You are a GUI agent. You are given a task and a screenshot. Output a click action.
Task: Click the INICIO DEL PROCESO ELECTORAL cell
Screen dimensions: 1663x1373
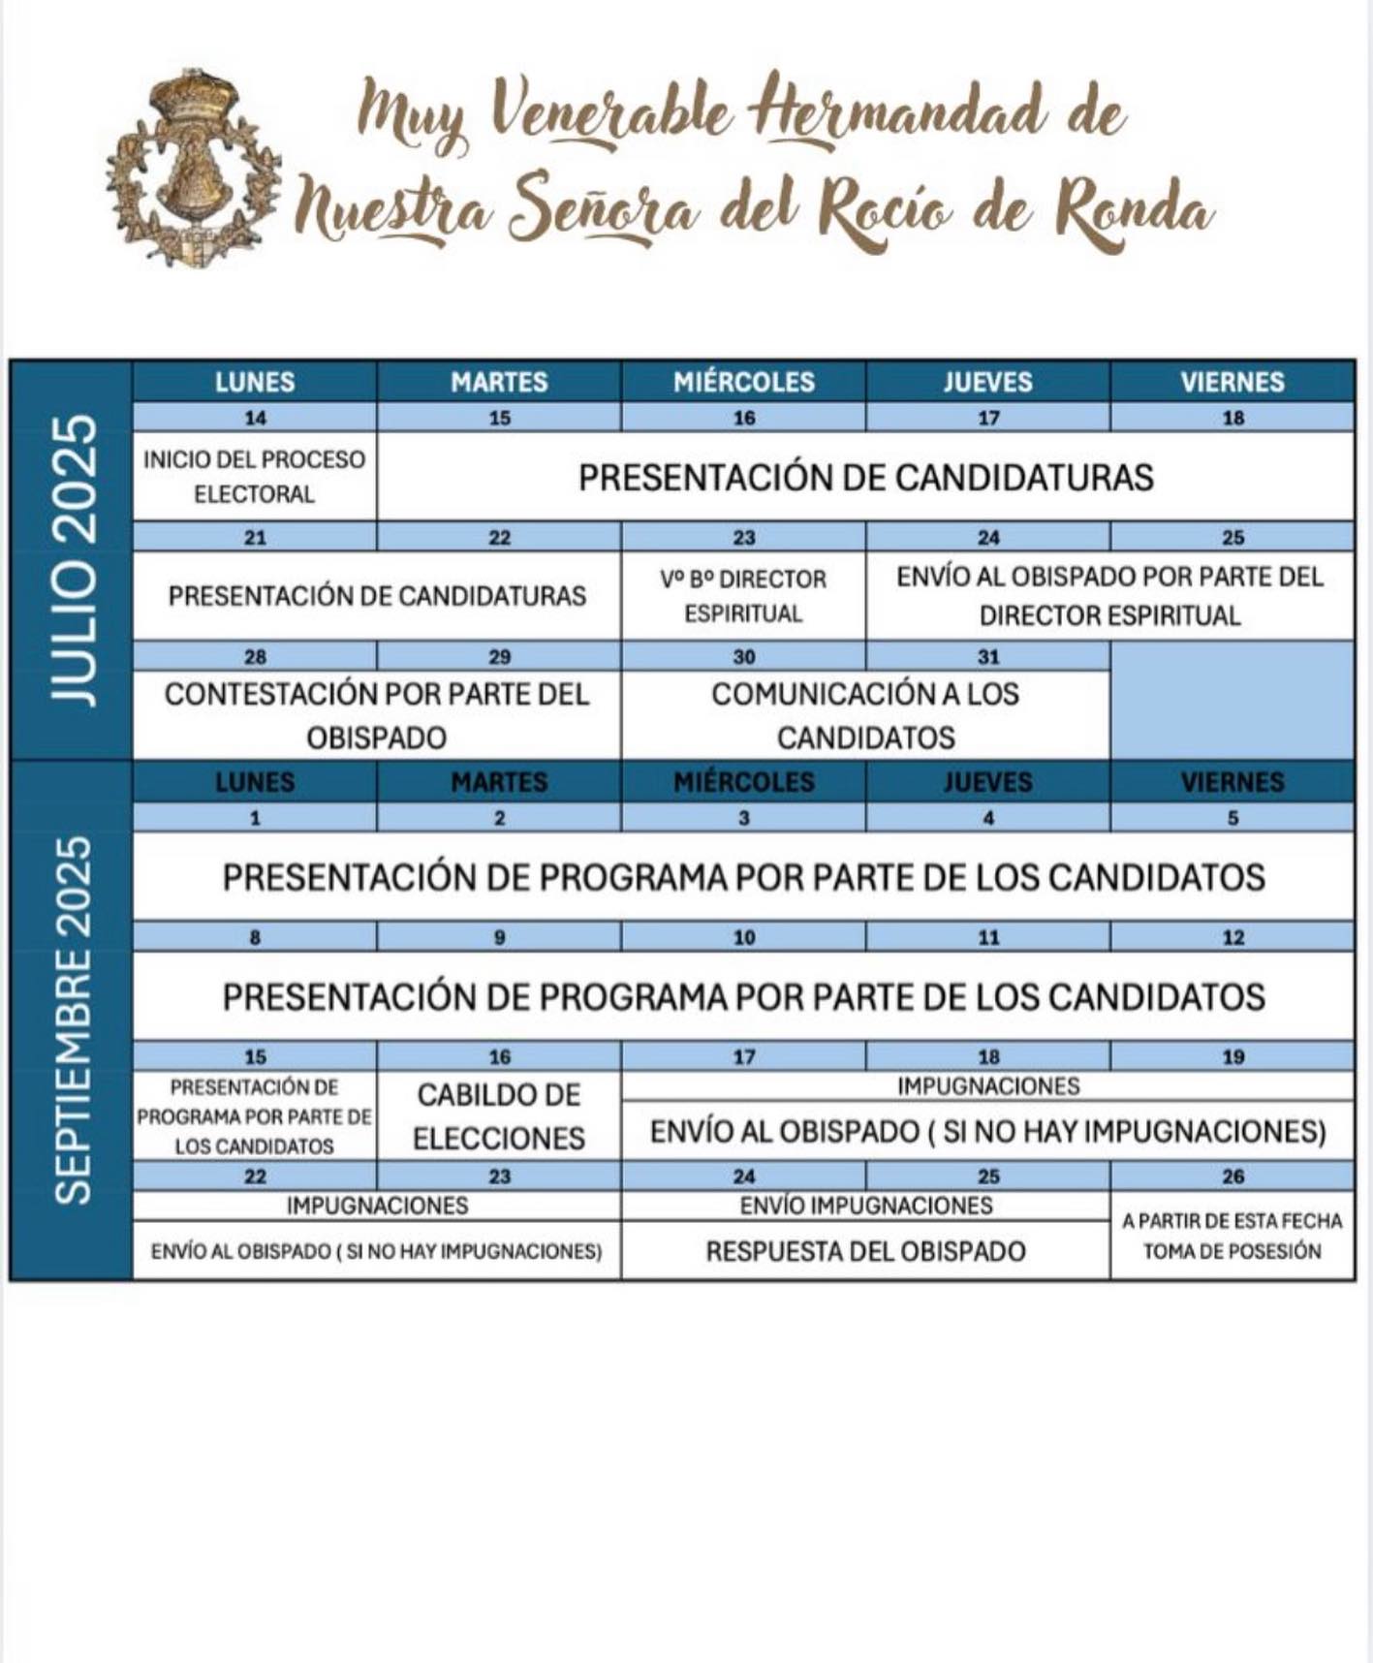click(255, 476)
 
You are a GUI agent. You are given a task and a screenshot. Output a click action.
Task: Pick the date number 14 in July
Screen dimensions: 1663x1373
click(255, 419)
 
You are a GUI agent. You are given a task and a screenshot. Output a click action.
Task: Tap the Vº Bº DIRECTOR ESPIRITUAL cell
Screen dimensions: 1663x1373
click(743, 596)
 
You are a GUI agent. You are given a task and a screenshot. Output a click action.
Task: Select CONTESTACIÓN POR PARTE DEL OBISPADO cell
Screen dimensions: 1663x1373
click(377, 715)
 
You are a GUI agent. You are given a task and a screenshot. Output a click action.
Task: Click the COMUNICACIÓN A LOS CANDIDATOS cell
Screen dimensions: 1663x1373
click(865, 715)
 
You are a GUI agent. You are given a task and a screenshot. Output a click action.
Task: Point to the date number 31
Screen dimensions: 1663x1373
click(988, 657)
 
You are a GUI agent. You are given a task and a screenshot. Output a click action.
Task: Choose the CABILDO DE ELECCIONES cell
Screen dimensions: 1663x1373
click(499, 1116)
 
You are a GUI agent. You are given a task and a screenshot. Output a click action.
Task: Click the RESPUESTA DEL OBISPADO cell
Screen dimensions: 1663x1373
click(865, 1251)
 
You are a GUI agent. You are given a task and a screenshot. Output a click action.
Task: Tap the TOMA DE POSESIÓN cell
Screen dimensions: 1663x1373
click(1232, 1236)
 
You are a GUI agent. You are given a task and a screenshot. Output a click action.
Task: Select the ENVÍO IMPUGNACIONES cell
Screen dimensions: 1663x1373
click(865, 1206)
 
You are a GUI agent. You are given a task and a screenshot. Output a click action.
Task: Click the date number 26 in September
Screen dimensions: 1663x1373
click(1233, 1177)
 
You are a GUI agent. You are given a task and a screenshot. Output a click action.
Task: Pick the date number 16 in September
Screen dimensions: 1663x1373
click(499, 1057)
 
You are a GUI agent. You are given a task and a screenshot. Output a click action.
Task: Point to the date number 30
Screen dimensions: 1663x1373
click(743, 657)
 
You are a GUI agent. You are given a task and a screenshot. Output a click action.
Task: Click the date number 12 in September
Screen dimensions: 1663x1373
click(1233, 937)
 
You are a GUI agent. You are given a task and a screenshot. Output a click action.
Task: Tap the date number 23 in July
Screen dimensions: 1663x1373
click(743, 538)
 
